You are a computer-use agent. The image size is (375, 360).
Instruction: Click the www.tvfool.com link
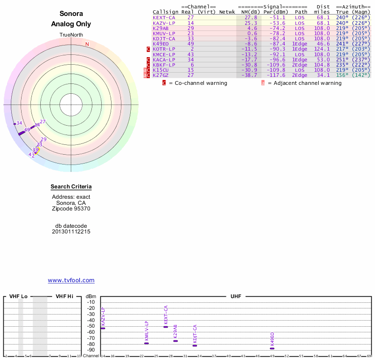[71, 280]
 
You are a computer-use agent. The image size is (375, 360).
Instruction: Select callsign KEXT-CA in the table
[164, 17]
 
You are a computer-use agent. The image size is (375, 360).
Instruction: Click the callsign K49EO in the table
[161, 44]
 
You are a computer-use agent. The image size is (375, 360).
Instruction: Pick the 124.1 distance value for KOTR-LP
[322, 49]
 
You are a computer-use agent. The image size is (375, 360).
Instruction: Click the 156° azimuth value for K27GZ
[342, 75]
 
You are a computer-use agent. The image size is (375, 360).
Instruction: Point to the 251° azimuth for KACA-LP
[342, 60]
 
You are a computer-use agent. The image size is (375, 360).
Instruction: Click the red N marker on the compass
[87, 44]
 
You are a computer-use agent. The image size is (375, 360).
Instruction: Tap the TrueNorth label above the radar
[71, 35]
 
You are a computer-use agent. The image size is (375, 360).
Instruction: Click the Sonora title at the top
[71, 14]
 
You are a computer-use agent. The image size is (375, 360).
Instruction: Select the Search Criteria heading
[71, 187]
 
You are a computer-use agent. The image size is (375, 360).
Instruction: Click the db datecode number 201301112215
[71, 232]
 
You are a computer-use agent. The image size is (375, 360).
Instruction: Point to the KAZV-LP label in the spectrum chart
[103, 317]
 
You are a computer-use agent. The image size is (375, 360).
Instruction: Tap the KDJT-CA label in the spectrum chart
[195, 335]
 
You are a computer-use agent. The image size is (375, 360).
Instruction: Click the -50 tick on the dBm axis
[91, 326]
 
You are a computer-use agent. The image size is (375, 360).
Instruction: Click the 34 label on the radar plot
[19, 123]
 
